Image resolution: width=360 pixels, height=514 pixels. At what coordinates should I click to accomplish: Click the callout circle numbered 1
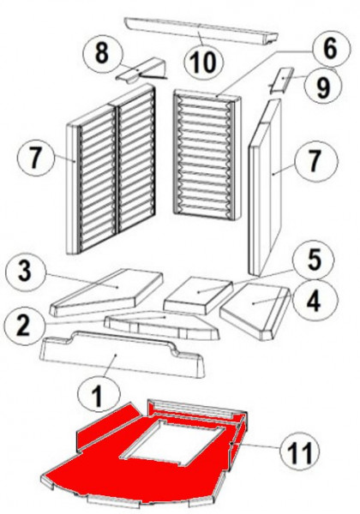tap(99, 393)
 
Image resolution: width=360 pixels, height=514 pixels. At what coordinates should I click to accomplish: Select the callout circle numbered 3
tap(25, 272)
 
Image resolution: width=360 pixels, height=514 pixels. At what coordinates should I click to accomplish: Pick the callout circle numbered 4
tap(314, 301)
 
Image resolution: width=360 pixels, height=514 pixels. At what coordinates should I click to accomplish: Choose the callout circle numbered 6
tap(330, 50)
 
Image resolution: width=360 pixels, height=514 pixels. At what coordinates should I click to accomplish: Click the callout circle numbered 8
tap(102, 52)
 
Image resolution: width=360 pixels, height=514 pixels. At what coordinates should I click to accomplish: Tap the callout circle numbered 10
tap(204, 62)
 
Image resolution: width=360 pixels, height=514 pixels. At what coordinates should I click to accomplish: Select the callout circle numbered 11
tap(300, 450)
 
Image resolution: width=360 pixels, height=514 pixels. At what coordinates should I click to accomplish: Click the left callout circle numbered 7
tap(35, 158)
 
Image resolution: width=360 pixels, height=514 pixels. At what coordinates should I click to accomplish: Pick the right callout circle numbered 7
tap(314, 161)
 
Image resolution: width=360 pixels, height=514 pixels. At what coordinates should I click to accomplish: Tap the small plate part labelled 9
tap(280, 81)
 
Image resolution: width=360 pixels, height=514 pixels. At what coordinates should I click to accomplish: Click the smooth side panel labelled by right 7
tap(265, 187)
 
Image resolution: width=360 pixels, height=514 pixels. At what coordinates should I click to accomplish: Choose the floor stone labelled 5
tap(199, 295)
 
